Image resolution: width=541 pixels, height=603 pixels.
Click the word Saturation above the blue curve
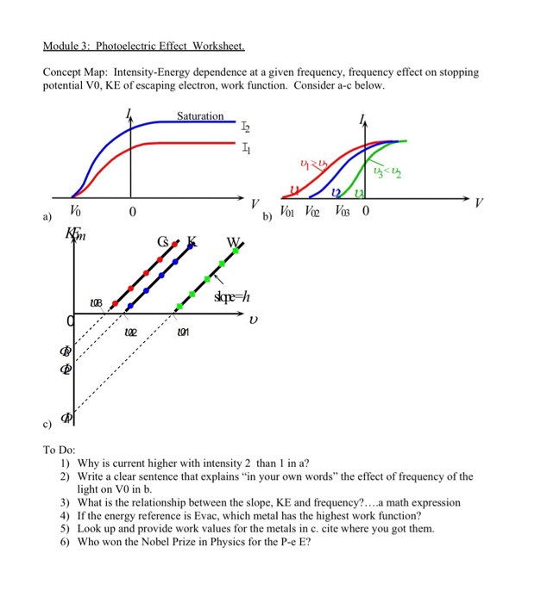point(200,116)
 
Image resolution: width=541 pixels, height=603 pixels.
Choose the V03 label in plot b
point(343,211)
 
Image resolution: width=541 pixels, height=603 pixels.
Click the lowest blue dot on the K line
point(130,305)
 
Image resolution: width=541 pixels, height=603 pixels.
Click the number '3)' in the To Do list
point(66,502)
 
